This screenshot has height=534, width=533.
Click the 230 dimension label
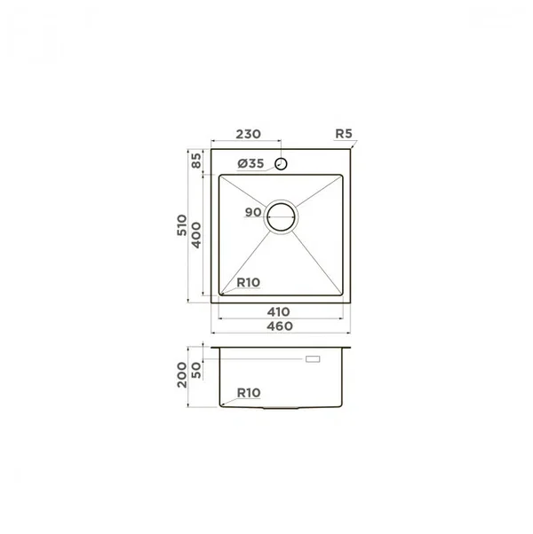coord(248,134)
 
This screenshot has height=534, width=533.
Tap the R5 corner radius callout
coord(344,134)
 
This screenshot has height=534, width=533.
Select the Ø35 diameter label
coord(251,164)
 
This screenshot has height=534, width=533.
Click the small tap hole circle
coord(282,164)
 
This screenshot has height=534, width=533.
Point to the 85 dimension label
coord(196,161)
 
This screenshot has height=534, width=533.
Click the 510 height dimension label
coord(182,225)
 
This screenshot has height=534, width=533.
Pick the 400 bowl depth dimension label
coord(196,235)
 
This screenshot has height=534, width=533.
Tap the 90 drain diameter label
coord(253,213)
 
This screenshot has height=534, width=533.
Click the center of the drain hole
coord(281,217)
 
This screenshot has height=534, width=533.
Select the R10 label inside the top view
coord(248,282)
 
